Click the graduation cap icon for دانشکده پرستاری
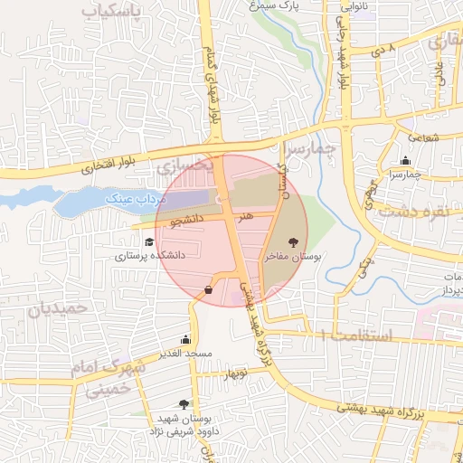(x=149, y=241)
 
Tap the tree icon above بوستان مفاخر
(x=293, y=242)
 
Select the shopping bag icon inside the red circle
(x=210, y=289)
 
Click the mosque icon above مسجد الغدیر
(x=186, y=339)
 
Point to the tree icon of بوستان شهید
(x=184, y=404)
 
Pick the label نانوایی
(x=352, y=5)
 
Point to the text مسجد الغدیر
(x=186, y=353)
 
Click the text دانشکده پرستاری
(x=149, y=256)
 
